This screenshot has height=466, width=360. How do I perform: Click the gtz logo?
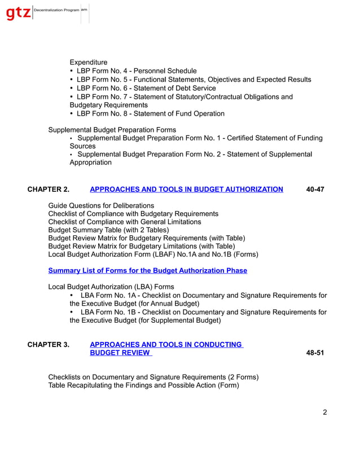pos(18,12)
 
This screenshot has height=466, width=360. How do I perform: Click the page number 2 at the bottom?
pos(324,412)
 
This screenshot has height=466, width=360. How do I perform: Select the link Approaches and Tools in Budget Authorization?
pos(186,190)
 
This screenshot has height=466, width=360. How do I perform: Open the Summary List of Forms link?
pos(147,270)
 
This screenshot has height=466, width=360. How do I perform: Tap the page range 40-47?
pos(315,190)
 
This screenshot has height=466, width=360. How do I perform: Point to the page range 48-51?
pos(315,353)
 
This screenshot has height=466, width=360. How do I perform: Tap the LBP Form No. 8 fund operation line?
pos(150,113)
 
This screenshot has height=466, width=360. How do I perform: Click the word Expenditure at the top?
pos(89,62)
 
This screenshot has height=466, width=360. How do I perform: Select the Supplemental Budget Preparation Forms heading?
pos(112,130)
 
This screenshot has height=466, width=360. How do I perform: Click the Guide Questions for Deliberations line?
pos(101,205)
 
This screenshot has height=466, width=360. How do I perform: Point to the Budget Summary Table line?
pos(108,230)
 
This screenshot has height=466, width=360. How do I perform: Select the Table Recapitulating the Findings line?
pos(143,385)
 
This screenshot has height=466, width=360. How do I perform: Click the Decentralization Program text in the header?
pos(56,11)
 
